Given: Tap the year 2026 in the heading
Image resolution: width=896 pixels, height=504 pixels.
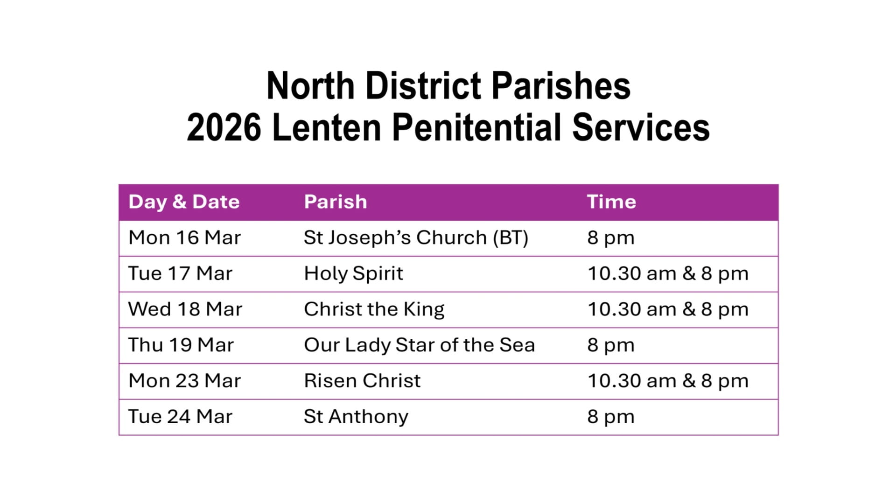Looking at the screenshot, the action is [224, 127].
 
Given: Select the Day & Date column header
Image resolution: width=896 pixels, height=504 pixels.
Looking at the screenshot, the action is [184, 202].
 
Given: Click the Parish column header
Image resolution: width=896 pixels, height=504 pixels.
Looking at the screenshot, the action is [336, 202].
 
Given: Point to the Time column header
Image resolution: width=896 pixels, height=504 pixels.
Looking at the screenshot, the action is [611, 202].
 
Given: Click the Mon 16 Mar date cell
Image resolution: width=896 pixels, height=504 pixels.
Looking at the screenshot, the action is [185, 238].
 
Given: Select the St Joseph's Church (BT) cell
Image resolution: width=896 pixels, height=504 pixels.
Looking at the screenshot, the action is [416, 238].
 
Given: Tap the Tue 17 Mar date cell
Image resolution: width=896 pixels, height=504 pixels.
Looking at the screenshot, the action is [180, 273].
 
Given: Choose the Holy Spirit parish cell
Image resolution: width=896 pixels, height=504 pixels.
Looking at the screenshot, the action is [353, 274].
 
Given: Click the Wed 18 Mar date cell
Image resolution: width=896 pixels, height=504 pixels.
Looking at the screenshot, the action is [185, 309].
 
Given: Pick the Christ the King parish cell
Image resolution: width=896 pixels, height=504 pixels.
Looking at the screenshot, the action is [374, 310].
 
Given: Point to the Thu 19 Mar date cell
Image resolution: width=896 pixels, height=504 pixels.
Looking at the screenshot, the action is [181, 345].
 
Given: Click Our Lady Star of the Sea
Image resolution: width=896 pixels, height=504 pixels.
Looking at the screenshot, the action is [419, 345].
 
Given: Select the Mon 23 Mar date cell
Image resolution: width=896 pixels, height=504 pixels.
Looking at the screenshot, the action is [185, 381].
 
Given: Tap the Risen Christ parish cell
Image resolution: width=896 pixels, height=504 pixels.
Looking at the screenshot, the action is [362, 381].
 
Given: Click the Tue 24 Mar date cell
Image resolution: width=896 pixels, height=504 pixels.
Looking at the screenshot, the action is [180, 417].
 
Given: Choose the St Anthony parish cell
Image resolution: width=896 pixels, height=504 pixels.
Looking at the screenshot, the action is [356, 417].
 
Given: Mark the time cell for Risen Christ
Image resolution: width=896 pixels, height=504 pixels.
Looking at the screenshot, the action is [668, 381].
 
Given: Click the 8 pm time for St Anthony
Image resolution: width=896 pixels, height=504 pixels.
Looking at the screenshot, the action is [611, 417].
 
